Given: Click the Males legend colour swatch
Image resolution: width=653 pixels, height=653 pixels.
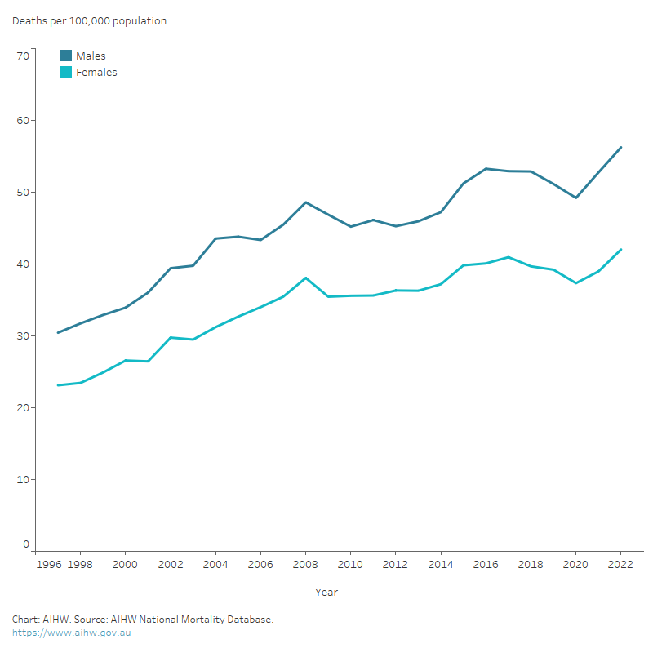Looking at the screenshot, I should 66,56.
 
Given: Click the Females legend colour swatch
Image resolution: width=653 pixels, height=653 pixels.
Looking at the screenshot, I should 66,72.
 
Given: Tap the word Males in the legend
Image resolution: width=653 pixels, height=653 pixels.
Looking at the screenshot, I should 91,56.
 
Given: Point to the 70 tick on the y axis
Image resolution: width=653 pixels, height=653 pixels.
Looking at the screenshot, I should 22,56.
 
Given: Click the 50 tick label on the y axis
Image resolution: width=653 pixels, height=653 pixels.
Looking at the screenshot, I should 22,193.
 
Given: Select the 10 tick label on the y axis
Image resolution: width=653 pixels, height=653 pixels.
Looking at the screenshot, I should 22,479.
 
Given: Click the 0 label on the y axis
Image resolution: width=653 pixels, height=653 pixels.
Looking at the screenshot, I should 25,544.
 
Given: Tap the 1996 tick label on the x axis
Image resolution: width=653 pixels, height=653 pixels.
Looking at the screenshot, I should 48,564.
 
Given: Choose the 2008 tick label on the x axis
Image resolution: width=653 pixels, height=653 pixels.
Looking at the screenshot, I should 305,564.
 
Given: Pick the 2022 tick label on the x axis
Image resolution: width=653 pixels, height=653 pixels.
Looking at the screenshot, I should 620,564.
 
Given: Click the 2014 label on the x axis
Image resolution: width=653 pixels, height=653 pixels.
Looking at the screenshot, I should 441,564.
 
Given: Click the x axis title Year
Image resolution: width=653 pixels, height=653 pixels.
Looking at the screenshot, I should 326,592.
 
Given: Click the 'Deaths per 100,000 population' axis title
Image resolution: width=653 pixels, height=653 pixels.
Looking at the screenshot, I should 89,21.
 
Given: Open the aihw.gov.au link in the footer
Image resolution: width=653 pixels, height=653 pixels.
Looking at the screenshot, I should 71,633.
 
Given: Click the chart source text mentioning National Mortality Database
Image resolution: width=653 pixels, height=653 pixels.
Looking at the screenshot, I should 142,620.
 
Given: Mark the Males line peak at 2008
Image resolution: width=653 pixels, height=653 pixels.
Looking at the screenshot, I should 305,202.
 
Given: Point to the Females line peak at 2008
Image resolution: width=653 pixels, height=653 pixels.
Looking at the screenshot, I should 305,278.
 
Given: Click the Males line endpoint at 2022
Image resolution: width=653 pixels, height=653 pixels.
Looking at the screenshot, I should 620,148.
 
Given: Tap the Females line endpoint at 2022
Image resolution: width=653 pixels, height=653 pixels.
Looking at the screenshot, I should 620,250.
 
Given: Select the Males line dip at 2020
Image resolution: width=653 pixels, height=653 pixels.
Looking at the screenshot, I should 575,198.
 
